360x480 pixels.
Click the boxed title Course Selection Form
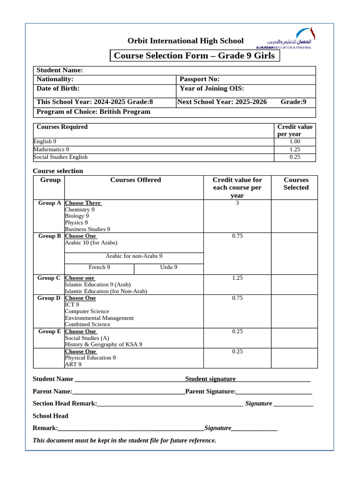(x=195, y=56)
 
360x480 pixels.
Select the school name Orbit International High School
(x=186, y=41)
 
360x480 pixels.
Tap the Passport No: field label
(x=200, y=79)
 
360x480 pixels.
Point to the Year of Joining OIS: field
(x=212, y=88)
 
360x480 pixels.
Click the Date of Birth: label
(x=58, y=88)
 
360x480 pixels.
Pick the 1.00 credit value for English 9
(x=294, y=141)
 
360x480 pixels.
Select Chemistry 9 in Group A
(x=79, y=210)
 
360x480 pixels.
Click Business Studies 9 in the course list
(x=87, y=229)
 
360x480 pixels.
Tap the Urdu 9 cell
(x=169, y=267)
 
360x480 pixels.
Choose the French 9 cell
(x=99, y=267)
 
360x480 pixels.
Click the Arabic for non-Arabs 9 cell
(x=134, y=256)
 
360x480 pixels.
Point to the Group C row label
(x=49, y=278)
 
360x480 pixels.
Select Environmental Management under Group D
(x=99, y=318)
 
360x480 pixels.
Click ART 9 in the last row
(x=73, y=364)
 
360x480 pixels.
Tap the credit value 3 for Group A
(x=237, y=203)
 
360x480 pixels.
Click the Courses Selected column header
(x=296, y=184)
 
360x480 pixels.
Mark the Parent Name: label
(x=52, y=391)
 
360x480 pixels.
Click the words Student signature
(x=210, y=379)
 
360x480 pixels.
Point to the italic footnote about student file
(x=124, y=441)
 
